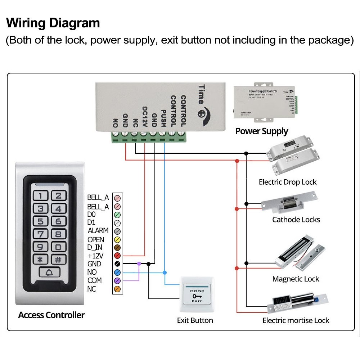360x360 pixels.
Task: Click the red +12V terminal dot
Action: coord(117,256)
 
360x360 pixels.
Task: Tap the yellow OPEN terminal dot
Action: coord(117,239)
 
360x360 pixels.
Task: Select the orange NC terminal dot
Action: coord(117,289)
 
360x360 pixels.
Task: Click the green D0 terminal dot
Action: coord(117,215)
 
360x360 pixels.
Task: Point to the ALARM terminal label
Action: coord(98,231)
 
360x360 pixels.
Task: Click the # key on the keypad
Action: coord(58,260)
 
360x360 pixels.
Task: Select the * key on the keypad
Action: coord(41,260)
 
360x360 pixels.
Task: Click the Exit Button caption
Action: coord(195,320)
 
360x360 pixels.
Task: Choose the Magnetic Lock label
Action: coord(296,279)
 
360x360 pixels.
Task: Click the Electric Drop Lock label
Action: coord(288,182)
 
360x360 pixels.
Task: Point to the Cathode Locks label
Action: coord(296,220)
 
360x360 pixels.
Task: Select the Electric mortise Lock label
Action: coord(296,320)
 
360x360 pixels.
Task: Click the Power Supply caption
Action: coord(262,131)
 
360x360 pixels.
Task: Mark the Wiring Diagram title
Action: coord(53,23)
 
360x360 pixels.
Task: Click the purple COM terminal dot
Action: coord(117,280)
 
